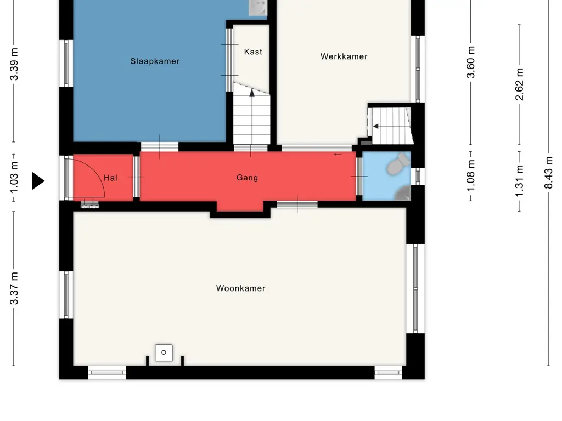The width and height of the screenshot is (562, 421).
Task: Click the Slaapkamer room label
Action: click(x=155, y=61)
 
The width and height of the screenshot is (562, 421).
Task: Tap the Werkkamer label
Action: click(x=344, y=56)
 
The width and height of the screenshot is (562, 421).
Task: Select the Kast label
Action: click(x=253, y=52)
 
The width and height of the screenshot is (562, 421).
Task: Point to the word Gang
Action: click(x=248, y=178)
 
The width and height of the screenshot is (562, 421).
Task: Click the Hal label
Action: click(x=110, y=178)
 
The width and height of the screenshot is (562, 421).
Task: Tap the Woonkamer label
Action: click(x=241, y=288)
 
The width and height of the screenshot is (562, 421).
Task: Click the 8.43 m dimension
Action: click(x=548, y=173)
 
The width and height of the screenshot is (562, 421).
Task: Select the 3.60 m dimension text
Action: click(x=470, y=62)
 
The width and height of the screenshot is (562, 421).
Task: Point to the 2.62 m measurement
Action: click(x=519, y=84)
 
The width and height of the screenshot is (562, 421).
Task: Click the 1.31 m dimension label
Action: click(x=519, y=181)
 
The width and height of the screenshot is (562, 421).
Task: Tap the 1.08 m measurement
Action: click(x=470, y=176)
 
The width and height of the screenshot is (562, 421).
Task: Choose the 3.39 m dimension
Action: click(x=14, y=64)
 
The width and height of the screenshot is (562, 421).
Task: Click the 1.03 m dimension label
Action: click(x=14, y=177)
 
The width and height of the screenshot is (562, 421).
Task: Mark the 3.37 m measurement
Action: click(x=14, y=288)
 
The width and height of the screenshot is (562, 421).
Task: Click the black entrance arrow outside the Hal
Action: click(x=38, y=181)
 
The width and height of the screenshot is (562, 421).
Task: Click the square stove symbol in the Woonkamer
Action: click(x=164, y=352)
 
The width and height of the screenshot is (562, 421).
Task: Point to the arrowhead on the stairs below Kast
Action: click(x=252, y=93)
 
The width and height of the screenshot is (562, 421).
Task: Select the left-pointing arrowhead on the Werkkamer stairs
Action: click(x=375, y=127)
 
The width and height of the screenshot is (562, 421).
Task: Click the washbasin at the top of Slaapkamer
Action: click(x=258, y=7)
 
